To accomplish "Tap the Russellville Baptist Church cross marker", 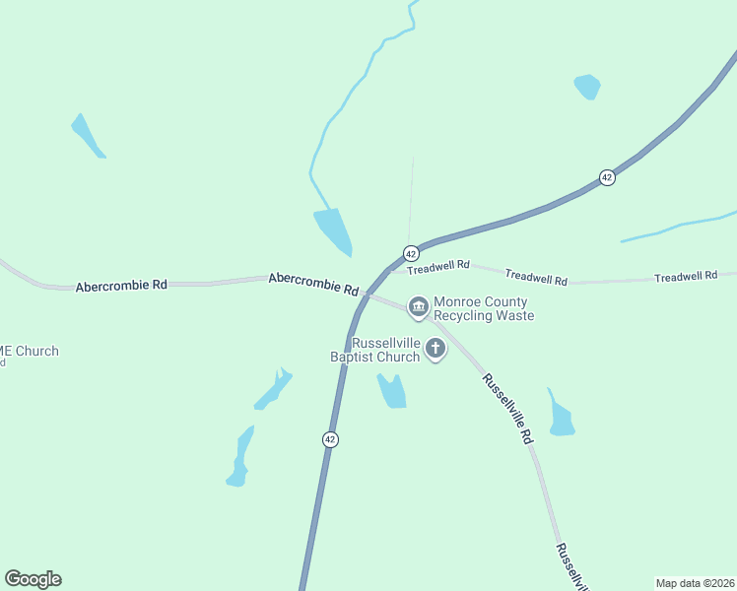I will pos(435,349).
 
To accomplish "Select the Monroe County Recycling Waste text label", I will pos(485,309).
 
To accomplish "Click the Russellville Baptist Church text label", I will pos(379,350).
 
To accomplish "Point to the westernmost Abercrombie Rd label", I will pos(121,285).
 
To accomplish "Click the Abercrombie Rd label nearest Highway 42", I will pos(313,285).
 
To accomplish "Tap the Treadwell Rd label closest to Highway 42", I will pos(438,266).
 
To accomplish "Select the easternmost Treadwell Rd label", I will pos(686,277).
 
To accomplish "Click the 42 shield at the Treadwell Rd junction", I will pos(411,254).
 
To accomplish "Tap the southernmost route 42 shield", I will pos(330,439).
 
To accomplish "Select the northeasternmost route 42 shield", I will pos(607,177).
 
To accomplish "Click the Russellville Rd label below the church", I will pos(507,408).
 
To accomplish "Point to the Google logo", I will pos(33,579).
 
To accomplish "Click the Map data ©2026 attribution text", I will pos(695,582).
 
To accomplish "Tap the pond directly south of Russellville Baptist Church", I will pos(392,392).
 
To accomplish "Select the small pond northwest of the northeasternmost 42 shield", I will pos(587,86).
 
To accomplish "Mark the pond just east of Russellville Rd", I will pos(561,419).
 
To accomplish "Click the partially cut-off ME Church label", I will pos(30,352).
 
